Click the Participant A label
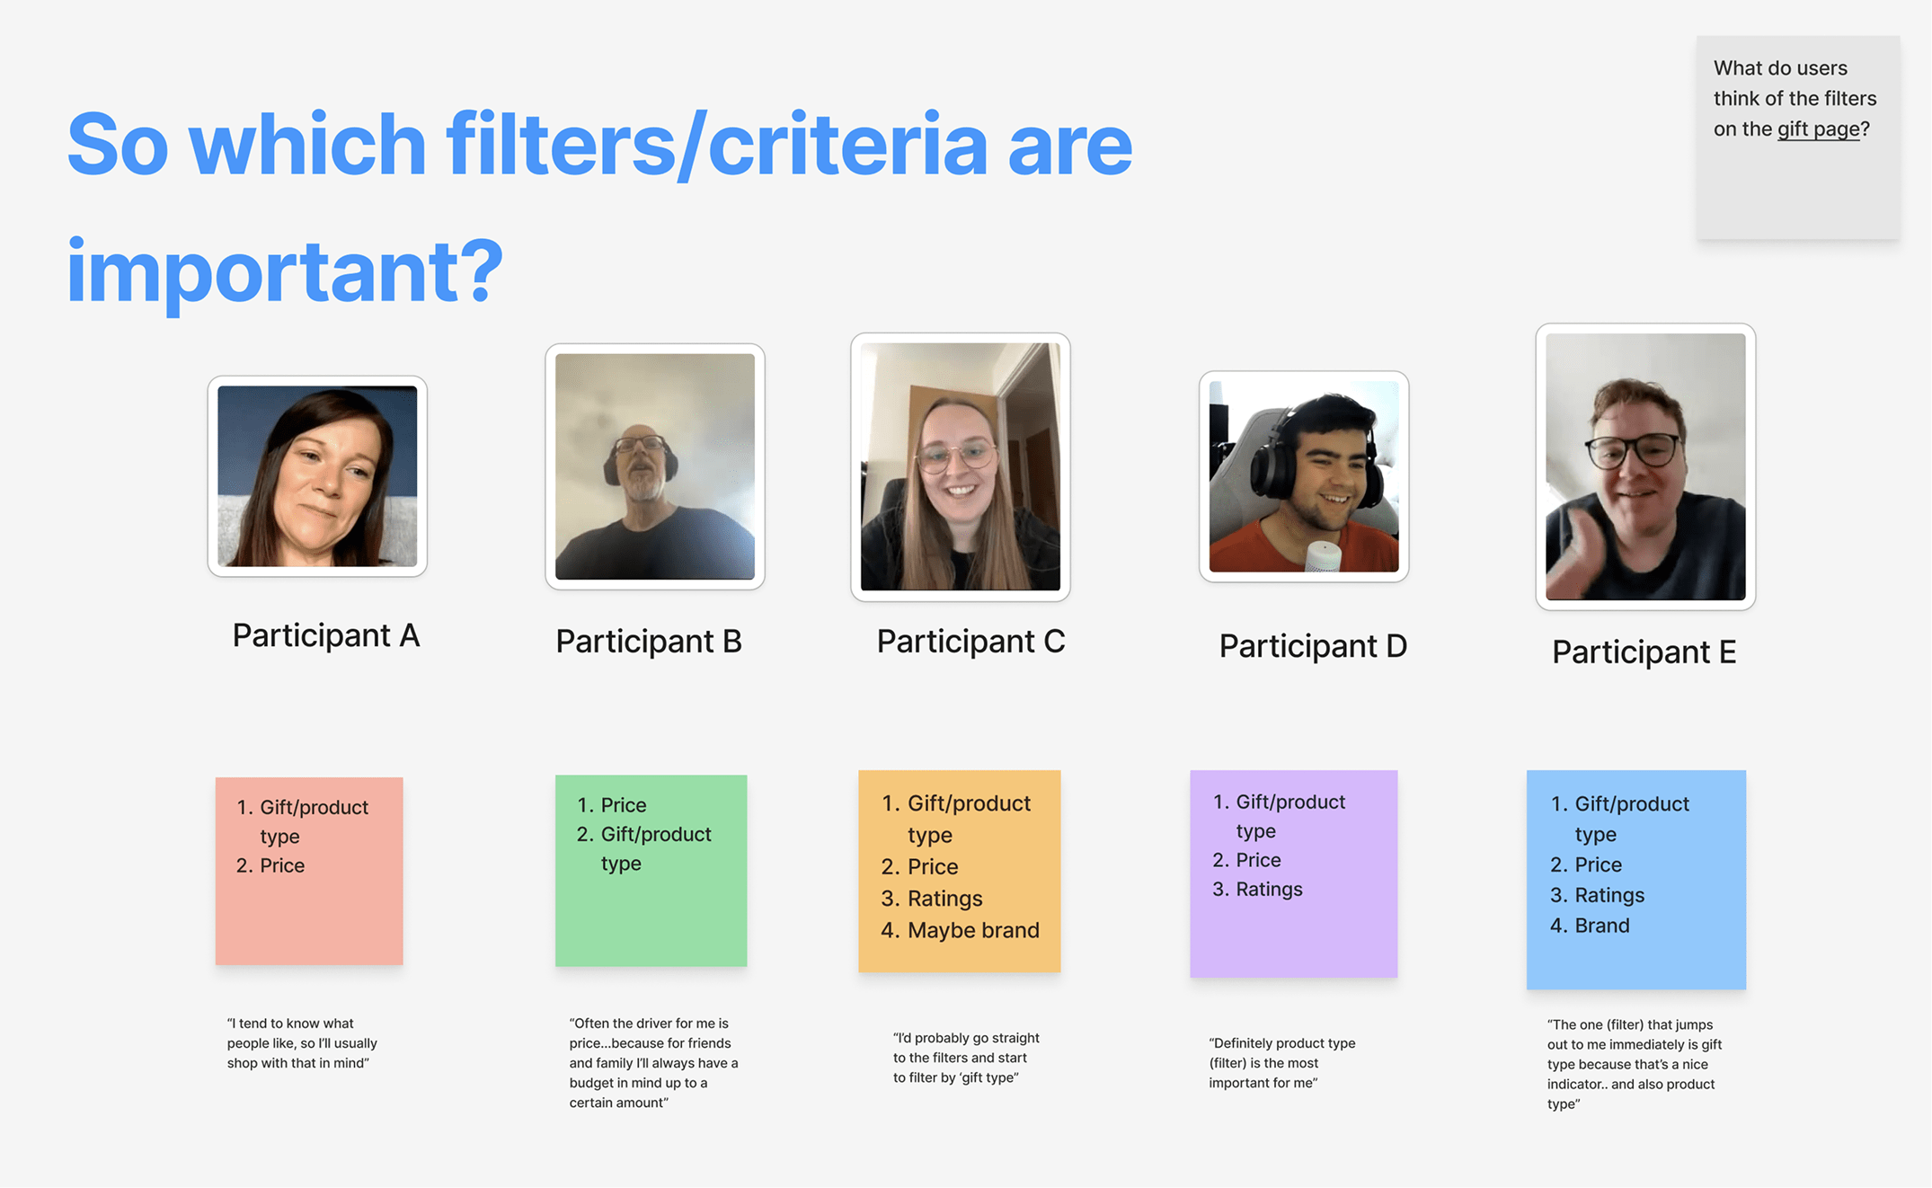click(326, 635)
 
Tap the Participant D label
click(1313, 646)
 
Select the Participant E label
click(1644, 652)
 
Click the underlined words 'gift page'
click(1818, 129)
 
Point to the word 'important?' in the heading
click(284, 270)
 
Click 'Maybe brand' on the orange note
click(973, 930)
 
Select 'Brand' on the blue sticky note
click(1601, 926)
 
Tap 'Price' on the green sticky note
click(624, 805)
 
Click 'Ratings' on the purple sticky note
click(1269, 889)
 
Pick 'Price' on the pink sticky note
click(282, 865)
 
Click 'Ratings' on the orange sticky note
click(944, 899)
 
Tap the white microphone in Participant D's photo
click(1323, 557)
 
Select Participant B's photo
click(655, 466)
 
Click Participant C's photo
click(961, 466)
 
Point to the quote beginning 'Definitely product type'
click(1282, 1063)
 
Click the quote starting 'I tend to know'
click(302, 1043)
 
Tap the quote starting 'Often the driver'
click(654, 1063)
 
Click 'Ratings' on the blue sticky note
click(1609, 895)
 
